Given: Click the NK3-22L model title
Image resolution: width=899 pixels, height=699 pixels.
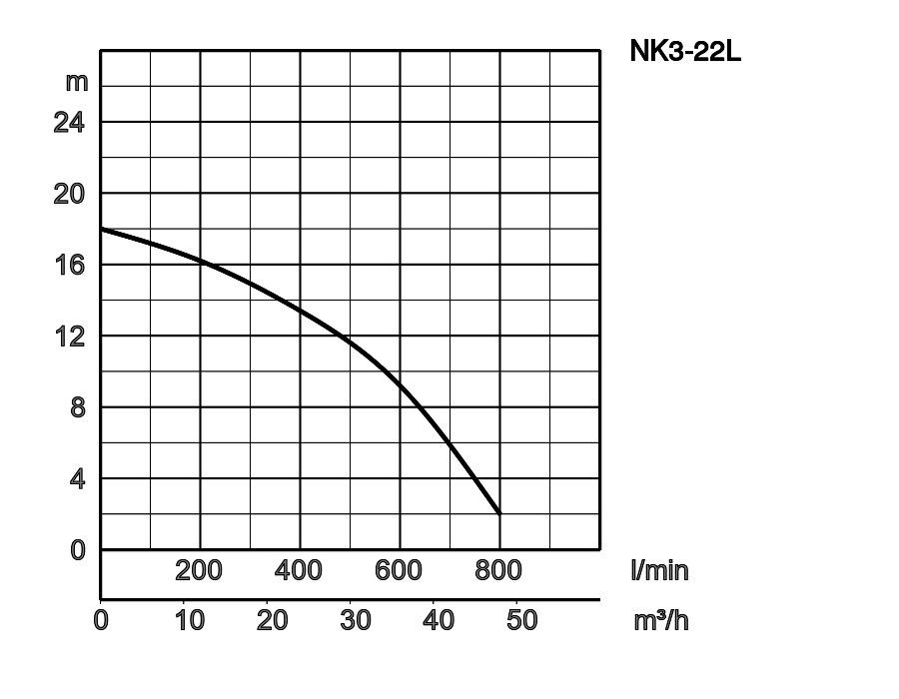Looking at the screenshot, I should (685, 51).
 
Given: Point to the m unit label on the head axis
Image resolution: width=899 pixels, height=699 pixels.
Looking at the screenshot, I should (77, 81).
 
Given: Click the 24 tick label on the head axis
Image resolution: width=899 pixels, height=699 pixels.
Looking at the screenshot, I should (71, 123).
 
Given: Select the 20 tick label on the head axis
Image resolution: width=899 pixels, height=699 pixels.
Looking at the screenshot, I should (71, 194).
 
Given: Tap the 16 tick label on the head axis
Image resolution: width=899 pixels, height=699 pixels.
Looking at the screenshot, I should (71, 266).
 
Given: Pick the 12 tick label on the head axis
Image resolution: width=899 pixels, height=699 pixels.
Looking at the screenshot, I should (71, 337).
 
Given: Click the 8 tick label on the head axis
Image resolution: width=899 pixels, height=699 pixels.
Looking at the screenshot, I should (78, 408).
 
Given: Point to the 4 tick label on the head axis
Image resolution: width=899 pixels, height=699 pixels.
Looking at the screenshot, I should (78, 479).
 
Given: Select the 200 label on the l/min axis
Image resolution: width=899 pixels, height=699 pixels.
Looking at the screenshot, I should (199, 570).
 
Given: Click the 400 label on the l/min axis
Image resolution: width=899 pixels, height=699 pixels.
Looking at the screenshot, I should (299, 570).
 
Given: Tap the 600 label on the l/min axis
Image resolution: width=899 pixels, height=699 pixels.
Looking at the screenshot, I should (399, 570).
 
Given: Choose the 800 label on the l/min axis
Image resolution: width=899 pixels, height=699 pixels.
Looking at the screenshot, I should (498, 570).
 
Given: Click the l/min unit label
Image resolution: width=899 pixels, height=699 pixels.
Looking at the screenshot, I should (659, 570).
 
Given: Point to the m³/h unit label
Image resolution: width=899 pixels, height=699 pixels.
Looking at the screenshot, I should (661, 620).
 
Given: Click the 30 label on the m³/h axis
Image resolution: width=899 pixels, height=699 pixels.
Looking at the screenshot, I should (355, 620).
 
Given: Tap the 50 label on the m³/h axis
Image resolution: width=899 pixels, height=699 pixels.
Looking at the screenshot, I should (521, 620).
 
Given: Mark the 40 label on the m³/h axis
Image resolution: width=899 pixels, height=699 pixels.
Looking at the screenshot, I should (439, 620).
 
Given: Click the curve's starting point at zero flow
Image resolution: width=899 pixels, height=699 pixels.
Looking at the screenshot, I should (102, 229).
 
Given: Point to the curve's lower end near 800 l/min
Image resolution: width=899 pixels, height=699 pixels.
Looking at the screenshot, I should (499, 513).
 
